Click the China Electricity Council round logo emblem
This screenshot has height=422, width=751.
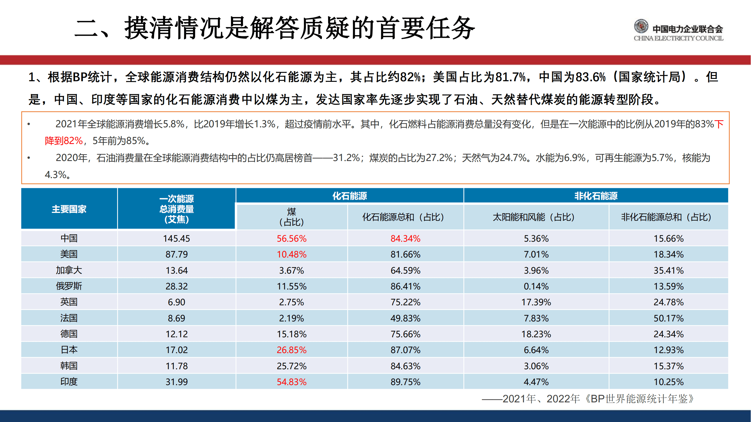tap(641, 26)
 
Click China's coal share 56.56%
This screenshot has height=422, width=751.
tap(291, 238)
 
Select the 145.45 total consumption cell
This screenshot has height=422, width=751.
tap(176, 238)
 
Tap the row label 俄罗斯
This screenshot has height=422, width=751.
tap(69, 286)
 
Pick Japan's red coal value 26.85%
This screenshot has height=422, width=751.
tap(291, 350)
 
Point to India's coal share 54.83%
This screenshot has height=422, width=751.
tap(291, 382)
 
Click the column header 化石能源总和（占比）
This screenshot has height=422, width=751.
tap(405, 217)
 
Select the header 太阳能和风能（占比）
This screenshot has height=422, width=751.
tap(536, 217)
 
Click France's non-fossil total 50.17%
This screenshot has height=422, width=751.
tap(668, 318)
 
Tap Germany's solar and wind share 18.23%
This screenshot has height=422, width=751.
tap(536, 334)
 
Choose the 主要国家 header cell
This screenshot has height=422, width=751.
tap(69, 209)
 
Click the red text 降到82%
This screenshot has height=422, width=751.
tap(64, 141)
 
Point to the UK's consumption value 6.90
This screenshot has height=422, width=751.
tap(176, 302)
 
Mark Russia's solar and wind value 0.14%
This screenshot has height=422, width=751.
tap(536, 286)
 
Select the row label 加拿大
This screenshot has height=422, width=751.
tap(69, 270)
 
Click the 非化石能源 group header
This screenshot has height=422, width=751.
tap(595, 196)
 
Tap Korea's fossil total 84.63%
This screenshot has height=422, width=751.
tap(405, 366)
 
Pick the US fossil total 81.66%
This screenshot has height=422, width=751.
tap(405, 254)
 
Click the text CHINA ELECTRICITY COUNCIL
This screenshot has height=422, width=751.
tap(678, 38)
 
